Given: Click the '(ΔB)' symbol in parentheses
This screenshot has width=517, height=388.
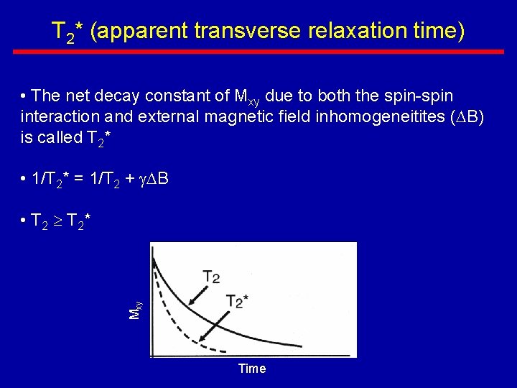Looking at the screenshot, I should (x=469, y=117).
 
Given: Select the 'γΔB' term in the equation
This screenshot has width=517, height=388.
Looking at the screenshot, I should (x=154, y=179).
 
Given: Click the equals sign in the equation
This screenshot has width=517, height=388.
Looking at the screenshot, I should (x=78, y=179).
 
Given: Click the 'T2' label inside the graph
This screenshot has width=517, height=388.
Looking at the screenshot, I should (x=211, y=277).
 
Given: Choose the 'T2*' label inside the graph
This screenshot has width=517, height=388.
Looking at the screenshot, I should (x=237, y=301).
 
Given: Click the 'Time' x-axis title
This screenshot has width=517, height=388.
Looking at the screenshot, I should (x=251, y=369).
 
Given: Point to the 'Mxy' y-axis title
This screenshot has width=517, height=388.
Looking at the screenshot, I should (x=135, y=310).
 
